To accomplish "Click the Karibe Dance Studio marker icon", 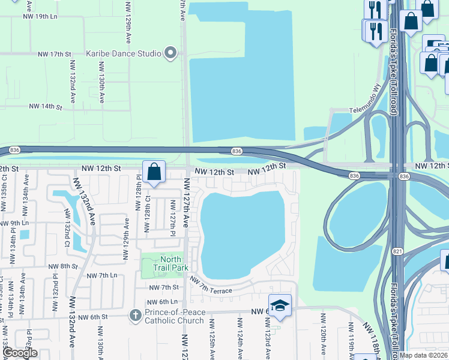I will [x=171, y=53].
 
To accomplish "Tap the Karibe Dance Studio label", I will [x=124, y=53].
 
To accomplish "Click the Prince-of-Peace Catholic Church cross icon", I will [x=136, y=314].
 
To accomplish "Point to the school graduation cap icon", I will [x=280, y=306].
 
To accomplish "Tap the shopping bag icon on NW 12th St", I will [x=154, y=172].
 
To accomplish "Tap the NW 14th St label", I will [x=46, y=107].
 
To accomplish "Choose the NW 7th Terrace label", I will [x=211, y=286].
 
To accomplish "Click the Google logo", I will [x=20, y=353].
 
